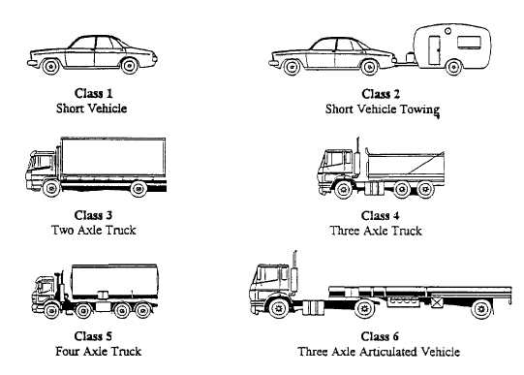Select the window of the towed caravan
472,42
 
